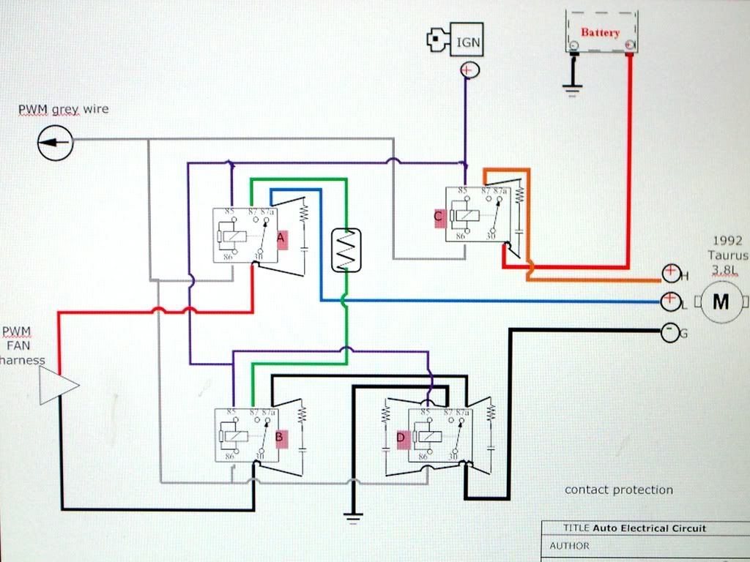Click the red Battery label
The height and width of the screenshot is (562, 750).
point(600,33)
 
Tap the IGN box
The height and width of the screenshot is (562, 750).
point(469,42)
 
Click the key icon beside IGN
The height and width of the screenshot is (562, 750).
point(439,41)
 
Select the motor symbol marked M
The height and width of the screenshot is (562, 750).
point(721,301)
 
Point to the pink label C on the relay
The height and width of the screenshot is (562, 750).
point(439,217)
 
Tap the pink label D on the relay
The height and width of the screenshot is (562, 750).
point(400,438)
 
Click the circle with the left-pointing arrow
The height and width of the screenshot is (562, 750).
point(55,141)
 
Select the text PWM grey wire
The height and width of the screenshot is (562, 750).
point(64,110)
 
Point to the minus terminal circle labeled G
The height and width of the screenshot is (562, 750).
point(669,332)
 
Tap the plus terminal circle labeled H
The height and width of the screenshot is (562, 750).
point(670,273)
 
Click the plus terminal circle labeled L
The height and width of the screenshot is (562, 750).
point(669,301)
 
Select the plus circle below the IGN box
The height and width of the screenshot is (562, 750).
point(468,70)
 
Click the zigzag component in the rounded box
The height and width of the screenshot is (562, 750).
point(346,250)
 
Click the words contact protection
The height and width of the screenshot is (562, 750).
point(618,490)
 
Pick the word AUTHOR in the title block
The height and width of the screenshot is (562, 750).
point(569,545)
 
